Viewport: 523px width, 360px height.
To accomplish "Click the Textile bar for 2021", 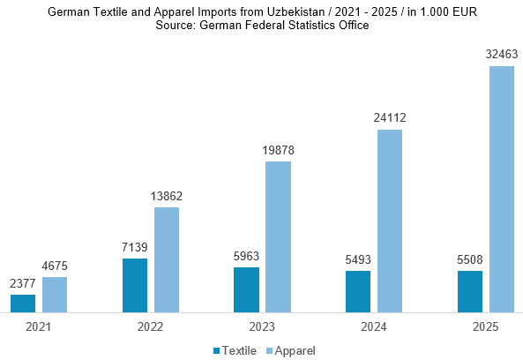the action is point(23,304).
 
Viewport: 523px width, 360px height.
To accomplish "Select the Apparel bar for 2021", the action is point(55,295).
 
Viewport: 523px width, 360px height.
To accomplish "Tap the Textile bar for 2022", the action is point(135,286).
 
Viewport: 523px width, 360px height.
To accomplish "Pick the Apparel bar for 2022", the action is point(167,260).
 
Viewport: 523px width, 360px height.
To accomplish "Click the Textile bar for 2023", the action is point(246,290).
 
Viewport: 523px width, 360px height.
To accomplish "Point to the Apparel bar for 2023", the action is point(278,237).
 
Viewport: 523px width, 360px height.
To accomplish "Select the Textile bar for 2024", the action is point(358,291).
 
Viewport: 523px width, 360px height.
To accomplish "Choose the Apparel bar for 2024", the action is point(390,221).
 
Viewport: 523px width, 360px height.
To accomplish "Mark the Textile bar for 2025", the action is point(470,291).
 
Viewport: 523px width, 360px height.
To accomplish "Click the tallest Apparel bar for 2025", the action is point(502,190).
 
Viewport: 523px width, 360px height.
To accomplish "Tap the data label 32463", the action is point(502,54).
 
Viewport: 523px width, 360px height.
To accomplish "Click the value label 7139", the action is point(134,247).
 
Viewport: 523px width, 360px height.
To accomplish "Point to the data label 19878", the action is point(278,151).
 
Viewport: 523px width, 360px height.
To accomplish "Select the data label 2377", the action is point(23,283).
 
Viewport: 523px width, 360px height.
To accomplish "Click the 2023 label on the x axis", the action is point(262,327).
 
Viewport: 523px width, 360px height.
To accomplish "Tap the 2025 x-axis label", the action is point(486,327).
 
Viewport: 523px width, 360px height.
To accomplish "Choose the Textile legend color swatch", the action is point(216,351).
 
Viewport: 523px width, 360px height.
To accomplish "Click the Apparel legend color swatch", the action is point(269,351).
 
